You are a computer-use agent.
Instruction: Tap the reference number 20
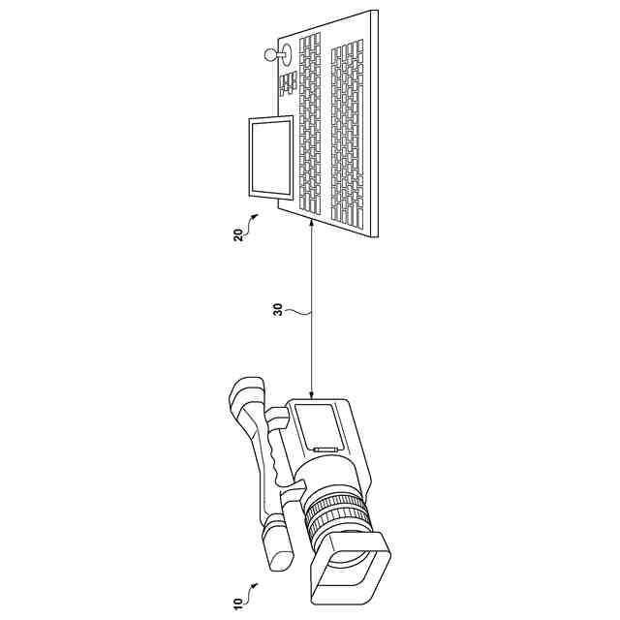[238, 236]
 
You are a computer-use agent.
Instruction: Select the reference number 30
[279, 314]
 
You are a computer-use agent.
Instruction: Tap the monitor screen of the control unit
[272, 155]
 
